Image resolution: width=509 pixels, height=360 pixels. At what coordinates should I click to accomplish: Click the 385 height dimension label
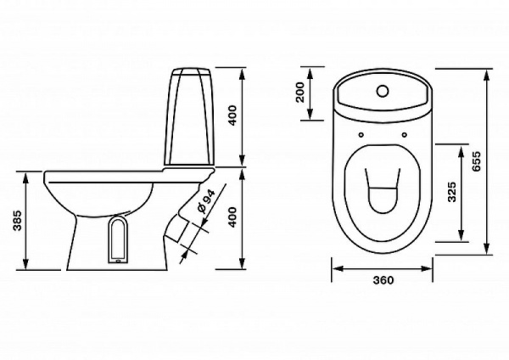click(17, 221)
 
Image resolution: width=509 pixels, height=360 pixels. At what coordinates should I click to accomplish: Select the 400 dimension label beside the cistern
click(233, 115)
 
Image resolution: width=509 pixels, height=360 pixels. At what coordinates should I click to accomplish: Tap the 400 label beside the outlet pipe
click(233, 217)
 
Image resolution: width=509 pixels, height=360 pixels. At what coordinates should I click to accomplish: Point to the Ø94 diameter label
click(206, 201)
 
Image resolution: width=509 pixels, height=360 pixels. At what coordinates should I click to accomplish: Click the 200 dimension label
click(301, 93)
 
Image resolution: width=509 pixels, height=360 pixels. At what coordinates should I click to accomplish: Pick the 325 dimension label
click(451, 192)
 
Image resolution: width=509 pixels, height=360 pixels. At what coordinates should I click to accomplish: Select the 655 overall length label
click(476, 161)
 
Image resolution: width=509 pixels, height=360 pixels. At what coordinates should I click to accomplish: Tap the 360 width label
click(383, 279)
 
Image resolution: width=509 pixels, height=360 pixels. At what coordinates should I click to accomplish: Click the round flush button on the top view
click(383, 91)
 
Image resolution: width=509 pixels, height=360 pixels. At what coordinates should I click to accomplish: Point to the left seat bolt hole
click(361, 134)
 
